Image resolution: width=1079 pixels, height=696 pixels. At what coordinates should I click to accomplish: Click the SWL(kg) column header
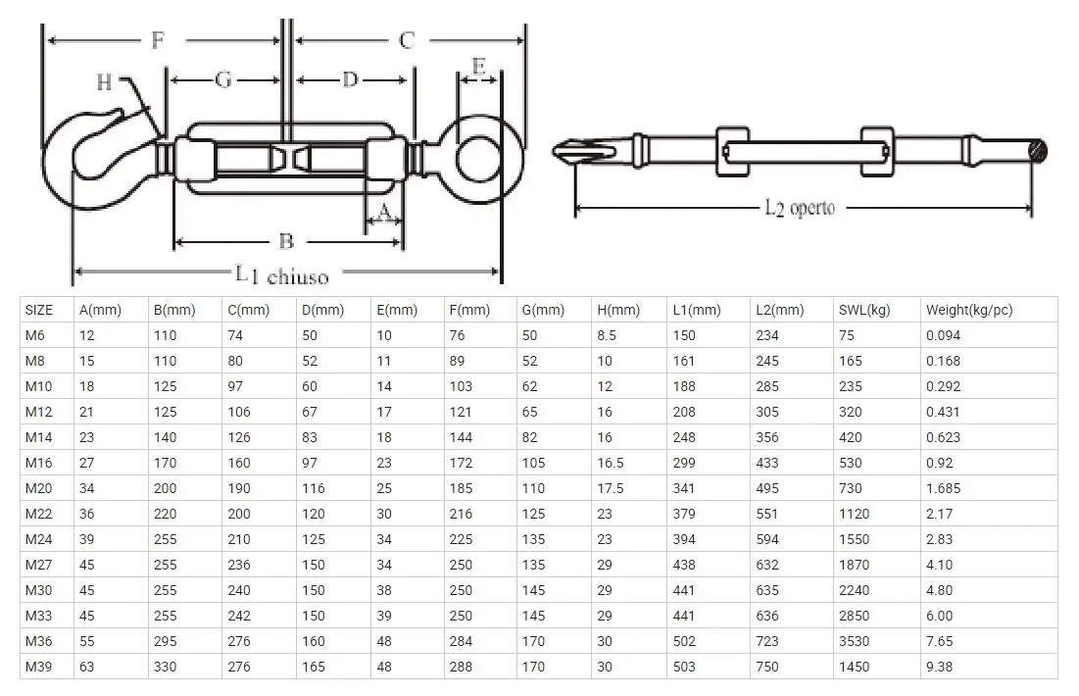tap(863, 310)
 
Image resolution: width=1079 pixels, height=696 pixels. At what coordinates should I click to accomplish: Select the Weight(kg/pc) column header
tap(968, 310)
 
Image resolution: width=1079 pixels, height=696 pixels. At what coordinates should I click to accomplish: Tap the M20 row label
tap(38, 488)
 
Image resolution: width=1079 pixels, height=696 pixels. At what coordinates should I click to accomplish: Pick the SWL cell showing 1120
tap(854, 514)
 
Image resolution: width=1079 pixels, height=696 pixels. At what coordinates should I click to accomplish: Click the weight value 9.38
tap(939, 667)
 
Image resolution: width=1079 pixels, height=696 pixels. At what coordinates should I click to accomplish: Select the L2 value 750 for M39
tap(767, 667)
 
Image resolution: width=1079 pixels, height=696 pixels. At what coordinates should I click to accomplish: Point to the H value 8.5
tap(608, 335)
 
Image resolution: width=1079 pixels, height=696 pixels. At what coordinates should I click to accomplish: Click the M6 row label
tap(35, 335)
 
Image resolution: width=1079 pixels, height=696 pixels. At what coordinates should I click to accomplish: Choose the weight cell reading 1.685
tap(943, 488)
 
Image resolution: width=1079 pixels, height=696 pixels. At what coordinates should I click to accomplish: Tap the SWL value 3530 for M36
tap(854, 641)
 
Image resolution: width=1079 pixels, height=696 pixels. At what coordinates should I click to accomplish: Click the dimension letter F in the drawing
tap(157, 40)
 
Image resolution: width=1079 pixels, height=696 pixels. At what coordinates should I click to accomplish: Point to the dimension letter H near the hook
tap(104, 82)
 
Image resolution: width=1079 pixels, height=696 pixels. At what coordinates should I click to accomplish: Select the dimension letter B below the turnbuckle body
tap(285, 241)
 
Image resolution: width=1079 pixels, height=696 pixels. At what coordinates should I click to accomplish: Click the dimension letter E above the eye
tap(478, 67)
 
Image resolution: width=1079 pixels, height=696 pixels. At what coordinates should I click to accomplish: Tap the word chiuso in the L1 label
tap(297, 276)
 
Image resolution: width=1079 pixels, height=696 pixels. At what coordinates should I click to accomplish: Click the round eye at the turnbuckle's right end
tap(480, 154)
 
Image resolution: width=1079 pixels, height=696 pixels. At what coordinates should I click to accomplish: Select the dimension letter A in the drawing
tap(384, 211)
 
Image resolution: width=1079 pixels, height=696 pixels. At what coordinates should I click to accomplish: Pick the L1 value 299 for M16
tap(684, 463)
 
